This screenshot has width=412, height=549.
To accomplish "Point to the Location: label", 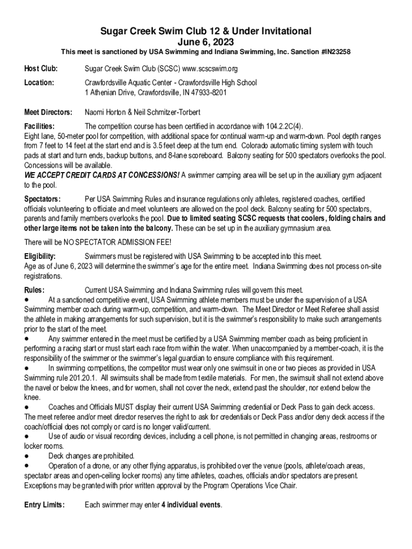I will pyautogui.click(x=40, y=83).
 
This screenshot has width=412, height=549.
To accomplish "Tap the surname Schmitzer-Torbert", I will pyautogui.click(x=173, y=113).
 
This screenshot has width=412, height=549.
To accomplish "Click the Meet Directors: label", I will pyautogui.click(x=48, y=113).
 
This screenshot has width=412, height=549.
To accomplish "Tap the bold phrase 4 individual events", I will pyautogui.click(x=191, y=505).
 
